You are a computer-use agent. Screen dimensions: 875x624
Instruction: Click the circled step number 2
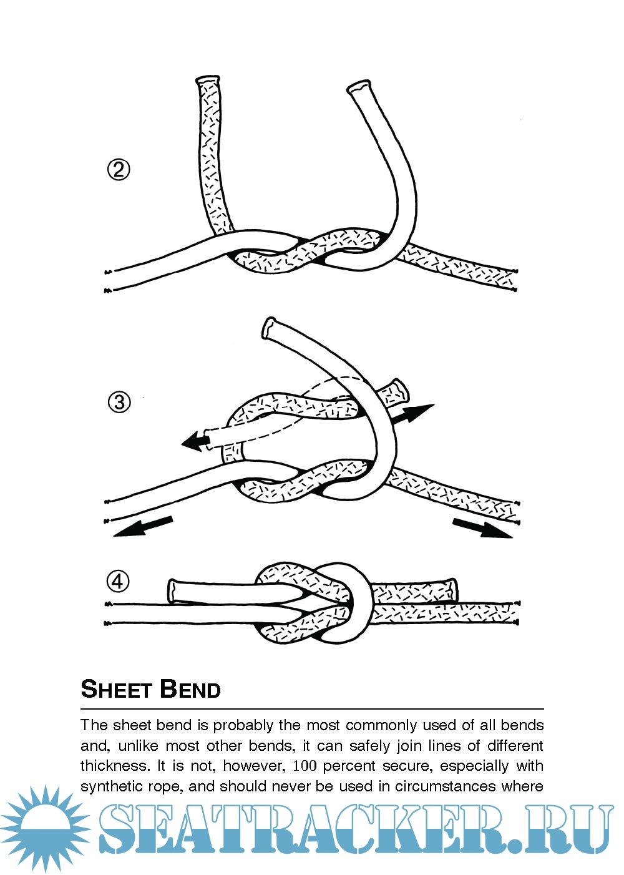click(x=119, y=170)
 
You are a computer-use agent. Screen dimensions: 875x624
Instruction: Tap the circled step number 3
click(x=119, y=401)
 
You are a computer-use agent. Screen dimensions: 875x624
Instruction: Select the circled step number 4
click(x=118, y=582)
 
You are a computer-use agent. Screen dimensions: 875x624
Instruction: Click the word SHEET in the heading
click(x=117, y=689)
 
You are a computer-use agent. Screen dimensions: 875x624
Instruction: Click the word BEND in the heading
click(x=190, y=689)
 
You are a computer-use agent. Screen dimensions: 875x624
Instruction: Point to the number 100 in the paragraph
click(x=305, y=766)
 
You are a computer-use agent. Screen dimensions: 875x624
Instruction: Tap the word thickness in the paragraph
click(x=114, y=766)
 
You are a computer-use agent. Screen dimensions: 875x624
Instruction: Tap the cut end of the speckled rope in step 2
click(x=208, y=82)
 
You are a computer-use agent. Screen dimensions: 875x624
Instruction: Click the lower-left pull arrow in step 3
click(x=143, y=526)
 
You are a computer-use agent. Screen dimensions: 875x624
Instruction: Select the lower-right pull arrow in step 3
click(x=483, y=527)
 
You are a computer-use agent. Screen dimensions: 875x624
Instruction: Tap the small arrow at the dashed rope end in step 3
click(x=195, y=441)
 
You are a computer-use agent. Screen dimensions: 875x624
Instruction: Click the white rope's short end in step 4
click(x=173, y=590)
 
